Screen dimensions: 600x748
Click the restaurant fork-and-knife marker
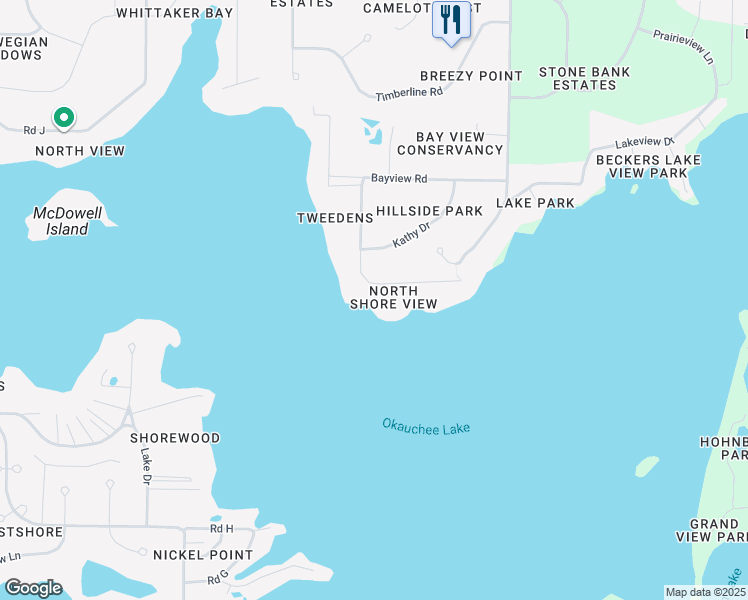coord(451,19)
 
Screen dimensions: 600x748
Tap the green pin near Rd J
coord(64,118)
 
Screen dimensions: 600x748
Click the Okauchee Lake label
coord(426,426)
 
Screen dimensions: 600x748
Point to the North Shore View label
coord(393,297)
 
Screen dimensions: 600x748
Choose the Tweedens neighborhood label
coord(328,218)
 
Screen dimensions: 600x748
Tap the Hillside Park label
coord(429,211)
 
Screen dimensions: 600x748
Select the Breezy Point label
coord(471,76)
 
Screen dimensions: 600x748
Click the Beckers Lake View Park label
coord(642,166)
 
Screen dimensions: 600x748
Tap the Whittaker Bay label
coord(175,13)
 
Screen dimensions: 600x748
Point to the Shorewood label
coord(175,438)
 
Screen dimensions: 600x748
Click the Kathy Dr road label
coord(411,235)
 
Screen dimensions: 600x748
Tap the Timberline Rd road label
coord(409,93)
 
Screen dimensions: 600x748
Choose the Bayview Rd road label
coord(399,179)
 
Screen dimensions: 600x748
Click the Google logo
coord(33,588)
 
